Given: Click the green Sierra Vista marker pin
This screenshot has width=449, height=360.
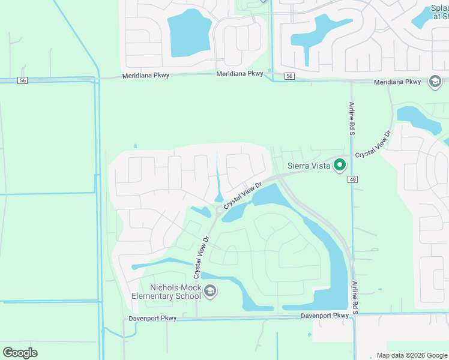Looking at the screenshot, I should pos(340,164).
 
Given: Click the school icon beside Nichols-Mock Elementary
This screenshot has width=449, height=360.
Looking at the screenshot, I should pos(210,292).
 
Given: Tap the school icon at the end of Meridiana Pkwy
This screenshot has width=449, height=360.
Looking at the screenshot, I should pos(435,82).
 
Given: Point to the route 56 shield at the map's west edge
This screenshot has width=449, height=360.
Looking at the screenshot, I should pos(22,80).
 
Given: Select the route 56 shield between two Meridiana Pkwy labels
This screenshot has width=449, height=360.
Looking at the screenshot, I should pos(289,76).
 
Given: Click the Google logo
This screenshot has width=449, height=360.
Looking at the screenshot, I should pos(20,352).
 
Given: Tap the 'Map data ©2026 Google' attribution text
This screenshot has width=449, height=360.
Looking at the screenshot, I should pos(411,355).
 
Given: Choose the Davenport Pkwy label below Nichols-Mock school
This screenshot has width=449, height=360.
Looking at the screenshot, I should pos(152,319).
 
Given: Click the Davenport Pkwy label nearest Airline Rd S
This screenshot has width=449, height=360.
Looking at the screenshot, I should pos(325,316).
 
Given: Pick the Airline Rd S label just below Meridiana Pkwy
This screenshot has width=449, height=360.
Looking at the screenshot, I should pos(352,117).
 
